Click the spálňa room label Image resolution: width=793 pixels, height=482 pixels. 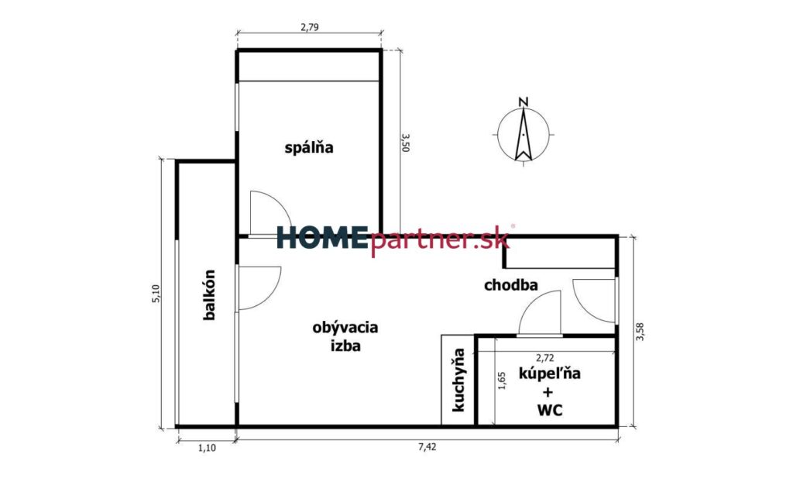309,148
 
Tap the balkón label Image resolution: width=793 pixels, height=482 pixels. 209,294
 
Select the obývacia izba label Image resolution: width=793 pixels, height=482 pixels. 345,336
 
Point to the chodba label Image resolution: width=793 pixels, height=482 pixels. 511,285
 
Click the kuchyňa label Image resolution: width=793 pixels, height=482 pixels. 459,380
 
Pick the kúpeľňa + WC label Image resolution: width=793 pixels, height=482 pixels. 550,391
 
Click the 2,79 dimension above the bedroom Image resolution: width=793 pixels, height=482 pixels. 310,27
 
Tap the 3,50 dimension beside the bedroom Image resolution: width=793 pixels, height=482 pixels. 405,143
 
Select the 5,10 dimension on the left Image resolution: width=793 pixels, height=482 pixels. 156,294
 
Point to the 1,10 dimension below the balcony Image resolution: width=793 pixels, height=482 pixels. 207,448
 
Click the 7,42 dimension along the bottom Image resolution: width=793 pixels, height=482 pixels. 427,446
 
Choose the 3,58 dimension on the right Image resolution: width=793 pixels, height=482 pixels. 640,331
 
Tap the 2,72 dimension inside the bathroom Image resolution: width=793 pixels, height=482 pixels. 544,358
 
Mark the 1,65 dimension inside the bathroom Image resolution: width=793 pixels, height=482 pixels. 502,380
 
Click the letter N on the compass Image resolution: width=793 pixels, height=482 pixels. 524,102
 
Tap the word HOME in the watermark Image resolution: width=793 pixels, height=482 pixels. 321,238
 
